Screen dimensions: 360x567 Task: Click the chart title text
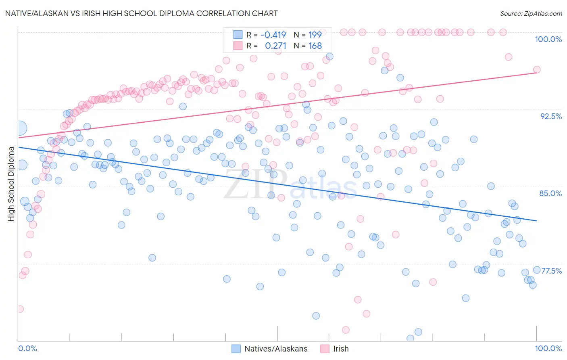[x=141, y=13]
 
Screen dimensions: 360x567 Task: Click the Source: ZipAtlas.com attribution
[x=531, y=13]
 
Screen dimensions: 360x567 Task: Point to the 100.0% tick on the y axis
[x=548, y=39]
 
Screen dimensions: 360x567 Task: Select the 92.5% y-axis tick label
[x=551, y=116]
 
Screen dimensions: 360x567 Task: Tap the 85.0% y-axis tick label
[x=550, y=193]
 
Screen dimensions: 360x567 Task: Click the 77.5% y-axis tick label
[x=551, y=271]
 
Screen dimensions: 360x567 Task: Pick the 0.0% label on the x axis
[x=27, y=348]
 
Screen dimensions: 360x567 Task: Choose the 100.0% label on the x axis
[x=548, y=348]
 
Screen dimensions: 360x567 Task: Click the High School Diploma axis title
[x=11, y=184]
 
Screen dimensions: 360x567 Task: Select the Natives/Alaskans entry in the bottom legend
[x=276, y=349]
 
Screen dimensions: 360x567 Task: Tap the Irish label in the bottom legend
[x=341, y=349]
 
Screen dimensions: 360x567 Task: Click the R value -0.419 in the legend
[x=273, y=35]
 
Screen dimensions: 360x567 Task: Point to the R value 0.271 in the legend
[x=275, y=46]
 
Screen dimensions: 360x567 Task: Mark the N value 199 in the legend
[x=315, y=35]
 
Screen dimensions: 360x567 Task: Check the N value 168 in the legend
[x=315, y=46]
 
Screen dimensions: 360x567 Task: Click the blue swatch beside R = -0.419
[x=238, y=35]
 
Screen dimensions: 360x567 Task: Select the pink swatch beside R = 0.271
[x=238, y=46]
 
